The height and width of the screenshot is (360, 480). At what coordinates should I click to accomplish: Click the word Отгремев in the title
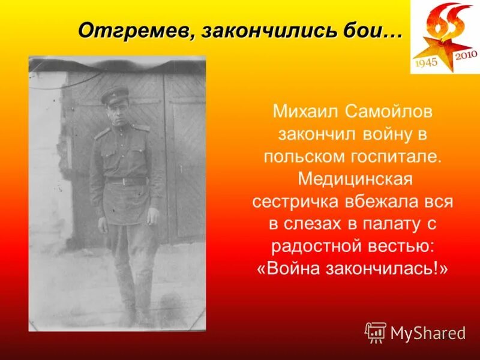point(134,29)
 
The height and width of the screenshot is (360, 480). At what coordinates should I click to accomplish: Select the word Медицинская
point(352,179)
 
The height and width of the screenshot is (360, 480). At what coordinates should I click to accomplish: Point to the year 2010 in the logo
point(466,55)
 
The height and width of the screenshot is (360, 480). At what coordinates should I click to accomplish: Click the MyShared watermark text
point(428,332)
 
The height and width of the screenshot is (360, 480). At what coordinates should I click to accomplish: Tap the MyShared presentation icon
point(375,332)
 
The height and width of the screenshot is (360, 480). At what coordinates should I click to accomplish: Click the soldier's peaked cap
point(114,94)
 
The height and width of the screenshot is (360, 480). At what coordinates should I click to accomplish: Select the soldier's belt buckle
point(127,181)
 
